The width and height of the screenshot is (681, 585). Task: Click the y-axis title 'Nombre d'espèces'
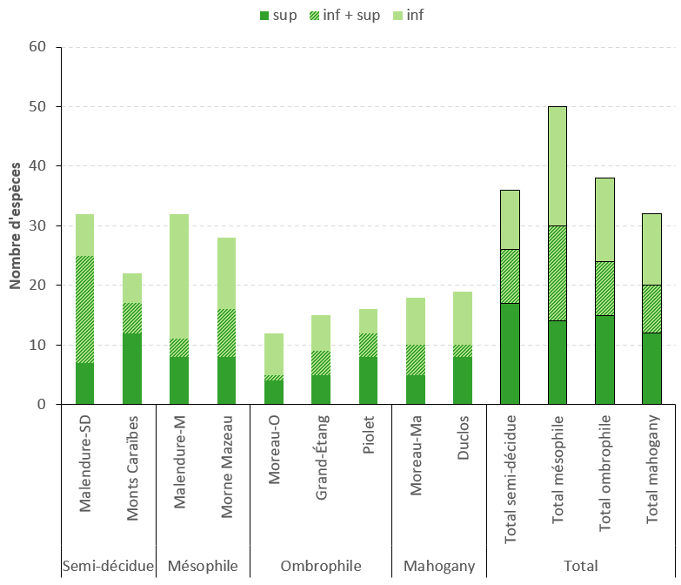[x=16, y=225]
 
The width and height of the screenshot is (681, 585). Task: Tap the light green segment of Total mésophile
[x=557, y=165]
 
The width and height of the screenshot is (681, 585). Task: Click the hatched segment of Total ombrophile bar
[x=604, y=288]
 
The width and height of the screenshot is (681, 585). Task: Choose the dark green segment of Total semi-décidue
[x=510, y=353]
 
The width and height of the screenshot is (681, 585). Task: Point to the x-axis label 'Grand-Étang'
[x=322, y=471]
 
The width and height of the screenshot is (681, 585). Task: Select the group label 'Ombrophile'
[x=321, y=566]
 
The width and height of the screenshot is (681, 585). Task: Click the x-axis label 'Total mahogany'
[x=652, y=481]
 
